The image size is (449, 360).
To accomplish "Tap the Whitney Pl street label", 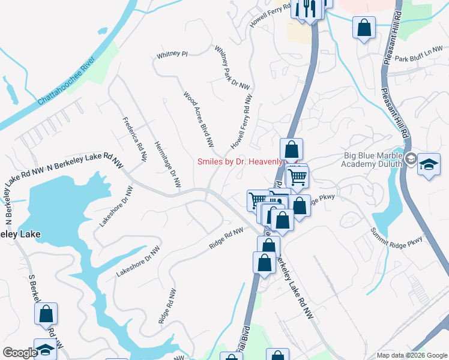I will coord(172,55).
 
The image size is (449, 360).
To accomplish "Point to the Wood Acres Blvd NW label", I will coord(199,119).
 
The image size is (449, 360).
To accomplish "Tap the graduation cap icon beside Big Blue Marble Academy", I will coord(429,165).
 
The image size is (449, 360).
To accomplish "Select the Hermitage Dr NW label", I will coord(167,164).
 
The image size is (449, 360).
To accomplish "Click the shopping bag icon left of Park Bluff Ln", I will coord(364,28).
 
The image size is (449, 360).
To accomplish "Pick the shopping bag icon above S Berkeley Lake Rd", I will coord(46,314).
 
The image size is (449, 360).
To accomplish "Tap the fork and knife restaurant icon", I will coord(309,8).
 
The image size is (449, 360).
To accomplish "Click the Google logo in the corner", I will coord(20,353).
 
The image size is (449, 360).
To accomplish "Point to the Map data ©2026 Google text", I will coord(412,355).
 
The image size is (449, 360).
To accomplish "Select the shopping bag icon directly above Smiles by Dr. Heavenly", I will coord(291,149).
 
